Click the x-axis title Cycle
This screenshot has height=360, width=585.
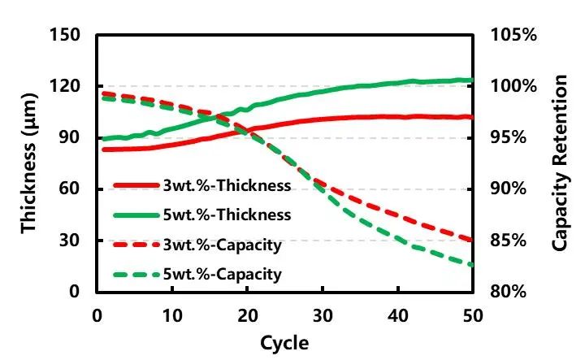284,343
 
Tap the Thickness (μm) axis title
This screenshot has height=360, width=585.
30,163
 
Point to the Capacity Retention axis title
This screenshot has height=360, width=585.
560,163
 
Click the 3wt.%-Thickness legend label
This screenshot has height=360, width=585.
227,185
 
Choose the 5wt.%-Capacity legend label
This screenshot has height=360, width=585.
223,274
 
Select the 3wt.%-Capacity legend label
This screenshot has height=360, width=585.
223,245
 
